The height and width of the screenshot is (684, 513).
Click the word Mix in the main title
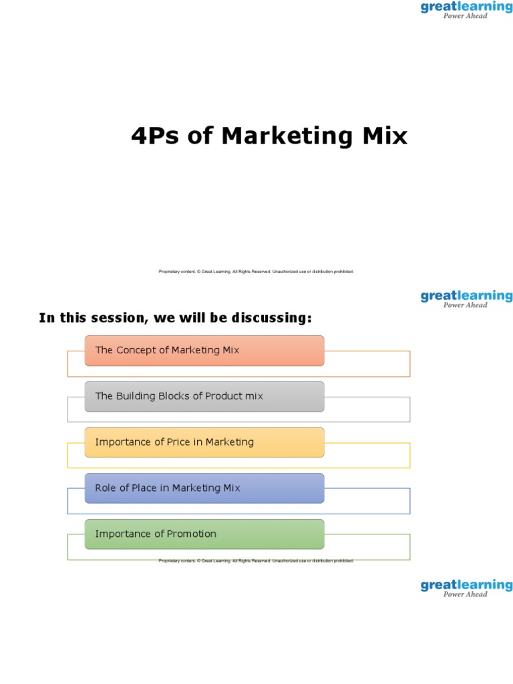[384, 136]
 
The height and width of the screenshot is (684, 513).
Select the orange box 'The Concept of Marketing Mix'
[204, 351]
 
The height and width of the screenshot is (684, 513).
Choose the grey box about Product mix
[204, 397]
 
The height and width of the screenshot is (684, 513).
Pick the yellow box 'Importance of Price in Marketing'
[204, 442]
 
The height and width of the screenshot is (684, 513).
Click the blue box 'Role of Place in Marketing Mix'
[204, 488]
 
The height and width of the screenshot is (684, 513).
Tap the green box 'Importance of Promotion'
[204, 534]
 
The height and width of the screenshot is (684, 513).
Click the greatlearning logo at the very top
[466, 9]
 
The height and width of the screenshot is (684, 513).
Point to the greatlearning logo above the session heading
[466, 299]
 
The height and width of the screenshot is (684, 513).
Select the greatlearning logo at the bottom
[466, 588]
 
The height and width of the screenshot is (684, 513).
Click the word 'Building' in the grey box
[136, 396]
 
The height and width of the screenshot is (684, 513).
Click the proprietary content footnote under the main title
[256, 272]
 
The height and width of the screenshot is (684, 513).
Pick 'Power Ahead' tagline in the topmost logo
[466, 16]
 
